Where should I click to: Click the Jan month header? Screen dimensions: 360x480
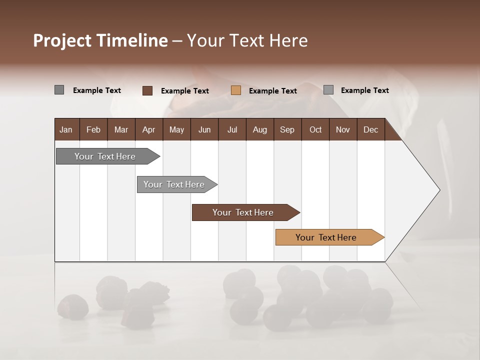66,129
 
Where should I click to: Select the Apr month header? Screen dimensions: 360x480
148,129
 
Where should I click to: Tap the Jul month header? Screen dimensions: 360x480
232,129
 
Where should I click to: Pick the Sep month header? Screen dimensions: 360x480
287,129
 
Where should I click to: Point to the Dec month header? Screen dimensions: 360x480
370,129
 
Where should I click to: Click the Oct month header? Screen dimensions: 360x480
315,129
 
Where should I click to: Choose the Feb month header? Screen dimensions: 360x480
93,129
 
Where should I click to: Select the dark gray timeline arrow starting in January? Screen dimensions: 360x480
105,156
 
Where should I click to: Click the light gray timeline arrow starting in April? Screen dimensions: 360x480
174,184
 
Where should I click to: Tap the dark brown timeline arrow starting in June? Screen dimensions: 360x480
243,212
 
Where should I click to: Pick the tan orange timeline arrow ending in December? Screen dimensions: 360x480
326,237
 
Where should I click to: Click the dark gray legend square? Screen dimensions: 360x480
59,90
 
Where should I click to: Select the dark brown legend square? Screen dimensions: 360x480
147,90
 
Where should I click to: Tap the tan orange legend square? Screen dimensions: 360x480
236,90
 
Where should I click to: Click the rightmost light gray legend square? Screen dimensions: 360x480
328,90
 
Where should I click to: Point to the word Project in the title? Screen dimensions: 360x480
62,41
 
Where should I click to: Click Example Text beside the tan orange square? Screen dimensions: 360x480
272,91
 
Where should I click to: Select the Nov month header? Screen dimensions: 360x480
343,129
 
